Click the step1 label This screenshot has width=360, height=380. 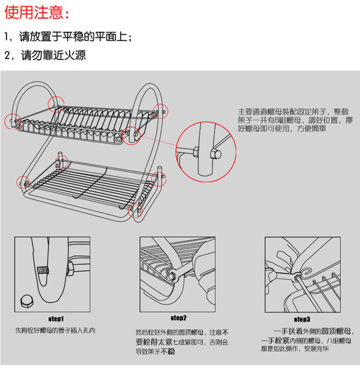point(56,318)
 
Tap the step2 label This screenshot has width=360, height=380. point(179,318)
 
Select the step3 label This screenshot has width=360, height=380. point(302,319)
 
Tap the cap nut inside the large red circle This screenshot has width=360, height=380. point(215,153)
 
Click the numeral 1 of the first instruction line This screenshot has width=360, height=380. point(7,37)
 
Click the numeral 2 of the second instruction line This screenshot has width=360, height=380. point(7,55)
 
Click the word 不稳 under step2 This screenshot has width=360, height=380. point(168,352)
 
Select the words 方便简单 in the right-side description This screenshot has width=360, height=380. point(313,129)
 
